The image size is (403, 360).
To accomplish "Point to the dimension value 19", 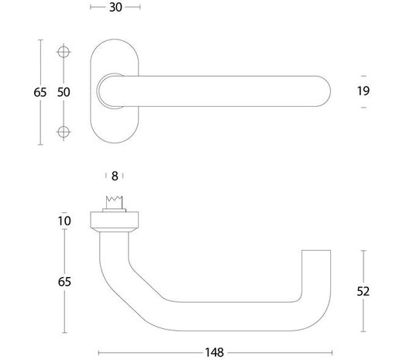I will point(363,91).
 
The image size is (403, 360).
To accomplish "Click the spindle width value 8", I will point(115,176).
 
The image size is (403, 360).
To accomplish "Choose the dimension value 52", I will point(363,291).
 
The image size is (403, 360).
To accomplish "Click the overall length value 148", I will point(215,351).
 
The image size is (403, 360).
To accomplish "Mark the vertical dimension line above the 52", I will point(363,267).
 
